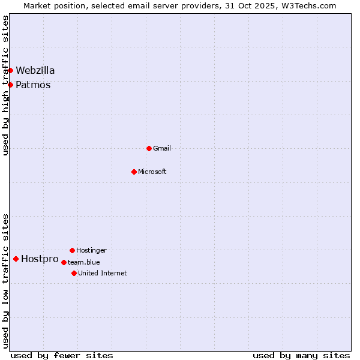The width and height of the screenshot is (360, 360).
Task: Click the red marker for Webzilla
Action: [10, 70]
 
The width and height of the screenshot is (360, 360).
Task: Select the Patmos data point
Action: [10, 85]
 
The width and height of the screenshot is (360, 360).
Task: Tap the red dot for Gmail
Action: [149, 148]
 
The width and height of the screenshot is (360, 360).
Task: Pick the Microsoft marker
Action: [134, 172]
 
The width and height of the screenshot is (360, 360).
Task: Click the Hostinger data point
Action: [72, 250]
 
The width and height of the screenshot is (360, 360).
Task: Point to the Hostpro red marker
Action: [16, 259]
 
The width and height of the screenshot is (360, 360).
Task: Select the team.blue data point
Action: [64, 262]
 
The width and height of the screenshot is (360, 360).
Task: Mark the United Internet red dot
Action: [74, 273]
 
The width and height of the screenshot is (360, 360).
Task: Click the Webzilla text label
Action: [35, 70]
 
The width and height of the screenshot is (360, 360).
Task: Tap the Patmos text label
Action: [33, 85]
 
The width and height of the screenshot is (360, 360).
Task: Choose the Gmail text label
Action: [162, 148]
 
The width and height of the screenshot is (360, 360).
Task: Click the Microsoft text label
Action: [152, 172]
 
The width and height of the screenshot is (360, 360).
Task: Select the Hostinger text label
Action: [91, 250]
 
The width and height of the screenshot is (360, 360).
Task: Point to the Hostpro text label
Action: [40, 259]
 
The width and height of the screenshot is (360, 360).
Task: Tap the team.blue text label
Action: [84, 262]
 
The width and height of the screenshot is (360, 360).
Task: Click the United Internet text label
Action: [103, 273]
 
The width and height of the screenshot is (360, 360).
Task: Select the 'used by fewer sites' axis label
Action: [62, 355]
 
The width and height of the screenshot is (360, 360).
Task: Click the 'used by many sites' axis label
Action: [301, 355]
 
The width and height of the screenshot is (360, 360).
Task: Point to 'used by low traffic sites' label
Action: [5, 281]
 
